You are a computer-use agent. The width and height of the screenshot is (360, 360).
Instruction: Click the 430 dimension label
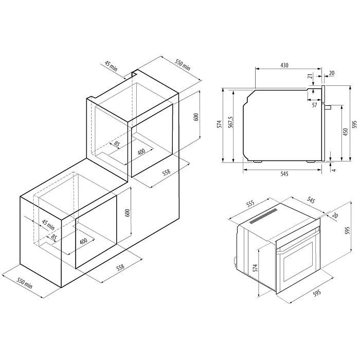284,65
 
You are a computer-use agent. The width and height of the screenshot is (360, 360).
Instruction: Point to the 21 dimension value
310,76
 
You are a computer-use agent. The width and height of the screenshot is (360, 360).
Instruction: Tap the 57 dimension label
314,105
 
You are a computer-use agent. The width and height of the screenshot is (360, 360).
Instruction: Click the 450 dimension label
345,132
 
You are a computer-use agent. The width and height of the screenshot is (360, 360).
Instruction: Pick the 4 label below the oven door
334,170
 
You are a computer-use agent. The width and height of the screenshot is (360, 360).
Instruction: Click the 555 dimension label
250,203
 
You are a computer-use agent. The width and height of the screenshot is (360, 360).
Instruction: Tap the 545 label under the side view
284,174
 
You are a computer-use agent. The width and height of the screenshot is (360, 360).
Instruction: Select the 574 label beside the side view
220,124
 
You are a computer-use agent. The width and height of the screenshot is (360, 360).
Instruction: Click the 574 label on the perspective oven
255,268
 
